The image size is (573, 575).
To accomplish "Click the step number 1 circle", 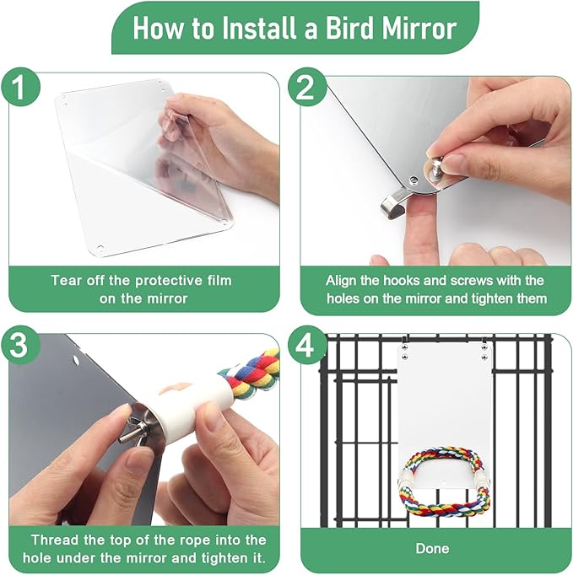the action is click(x=20, y=88).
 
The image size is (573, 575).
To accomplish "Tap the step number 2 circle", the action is click(x=305, y=88).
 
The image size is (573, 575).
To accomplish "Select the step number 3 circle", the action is click(x=20, y=345).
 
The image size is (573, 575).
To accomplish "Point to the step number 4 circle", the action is click(x=305, y=345).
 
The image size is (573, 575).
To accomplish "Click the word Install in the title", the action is click(x=258, y=28).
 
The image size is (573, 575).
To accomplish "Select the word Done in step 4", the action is click(x=433, y=548).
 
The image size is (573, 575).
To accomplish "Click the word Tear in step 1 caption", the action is click(x=66, y=281).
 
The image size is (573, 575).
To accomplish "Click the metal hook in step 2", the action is click(x=395, y=203).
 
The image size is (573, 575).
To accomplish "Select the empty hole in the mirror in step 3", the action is click(x=76, y=360).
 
